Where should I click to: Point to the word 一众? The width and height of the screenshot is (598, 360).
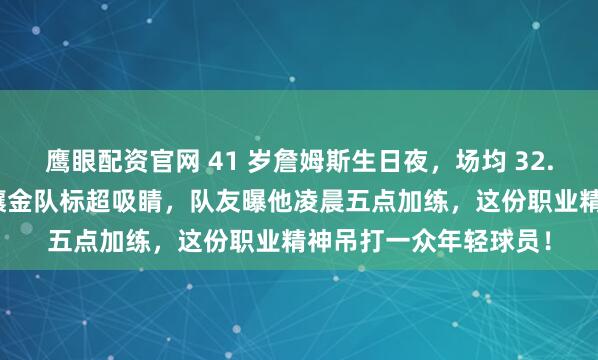[x=420, y=242]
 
